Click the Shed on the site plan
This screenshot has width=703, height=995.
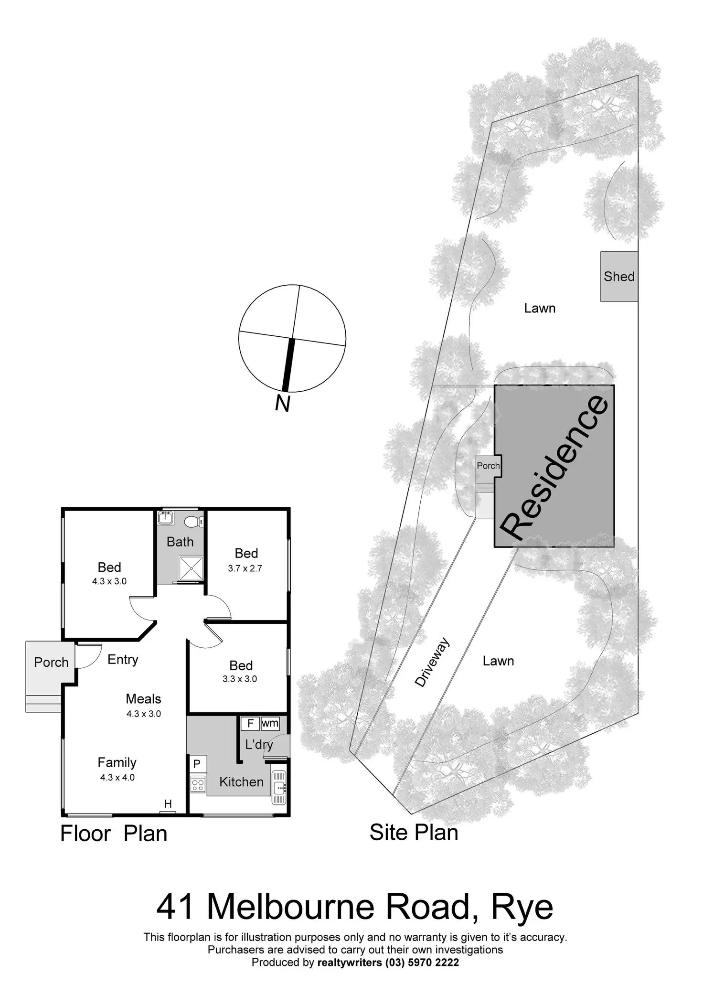tap(619, 277)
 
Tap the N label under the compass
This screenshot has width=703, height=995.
tap(283, 404)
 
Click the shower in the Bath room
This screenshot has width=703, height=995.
tap(191, 568)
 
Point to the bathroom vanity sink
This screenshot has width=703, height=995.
tap(166, 518)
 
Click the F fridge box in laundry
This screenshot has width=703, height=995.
tap(250, 723)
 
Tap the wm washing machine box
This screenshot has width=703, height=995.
tap(270, 723)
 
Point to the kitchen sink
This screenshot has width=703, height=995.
tap(278, 787)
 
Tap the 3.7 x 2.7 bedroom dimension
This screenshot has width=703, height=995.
tap(245, 568)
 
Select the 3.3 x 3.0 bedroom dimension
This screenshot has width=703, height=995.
tap(240, 679)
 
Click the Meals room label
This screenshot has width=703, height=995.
tap(143, 699)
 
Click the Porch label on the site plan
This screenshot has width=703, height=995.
tap(488, 466)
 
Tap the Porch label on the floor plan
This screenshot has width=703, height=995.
tap(51, 663)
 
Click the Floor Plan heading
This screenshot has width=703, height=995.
tap(114, 834)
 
